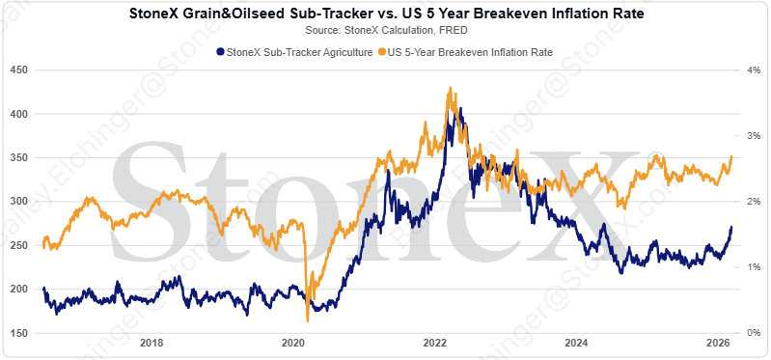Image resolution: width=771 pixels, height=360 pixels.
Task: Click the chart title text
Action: click(385, 15)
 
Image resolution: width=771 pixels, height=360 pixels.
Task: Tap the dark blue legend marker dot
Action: click(221, 51)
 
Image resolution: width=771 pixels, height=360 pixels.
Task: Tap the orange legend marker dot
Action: click(382, 51)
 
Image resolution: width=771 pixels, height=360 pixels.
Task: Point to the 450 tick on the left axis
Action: click(17, 69)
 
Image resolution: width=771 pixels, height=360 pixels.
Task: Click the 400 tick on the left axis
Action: click(17, 114)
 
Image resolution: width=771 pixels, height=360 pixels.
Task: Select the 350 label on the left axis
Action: click(17, 157)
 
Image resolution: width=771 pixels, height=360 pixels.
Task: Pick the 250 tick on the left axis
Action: click(17, 245)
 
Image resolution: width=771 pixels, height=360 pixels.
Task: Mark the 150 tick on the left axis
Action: click(17, 333)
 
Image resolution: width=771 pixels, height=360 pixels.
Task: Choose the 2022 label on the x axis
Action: click(434, 344)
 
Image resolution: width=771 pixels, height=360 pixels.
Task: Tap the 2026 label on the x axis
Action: click(717, 344)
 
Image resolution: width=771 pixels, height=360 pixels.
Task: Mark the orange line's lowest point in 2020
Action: click(307, 320)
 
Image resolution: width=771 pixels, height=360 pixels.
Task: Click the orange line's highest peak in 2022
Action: click(451, 88)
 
